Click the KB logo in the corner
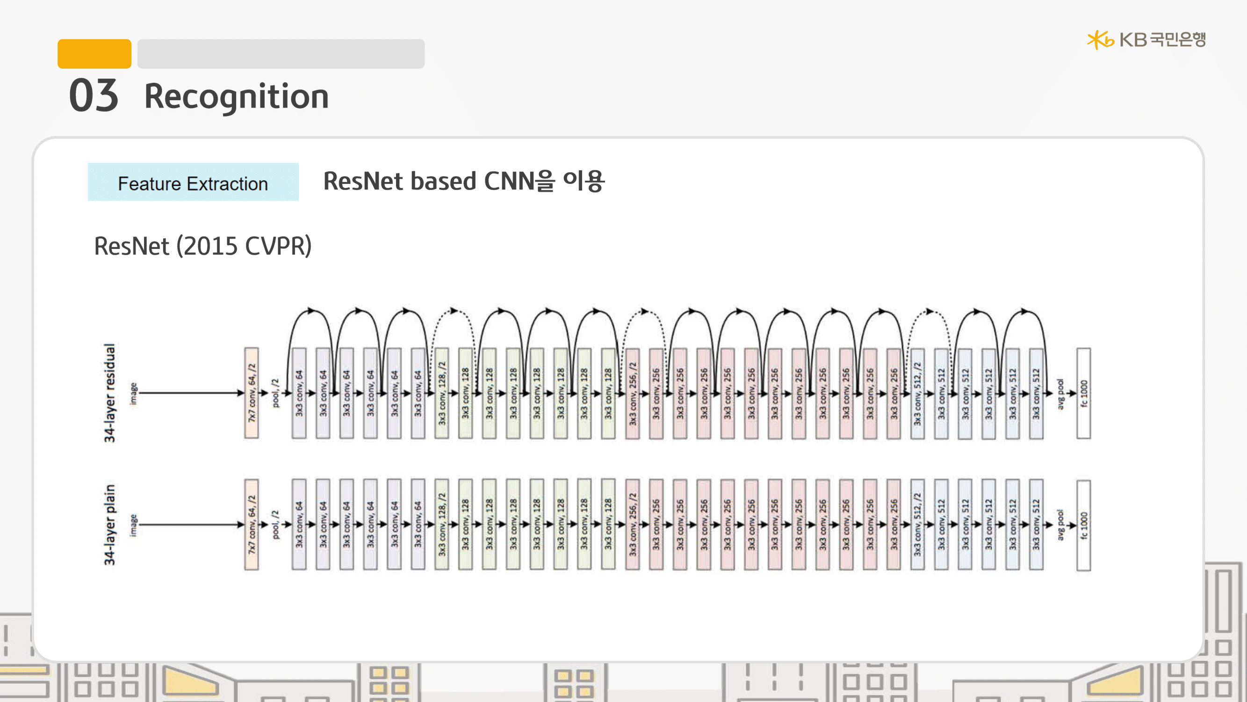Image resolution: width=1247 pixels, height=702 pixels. (x=1146, y=40)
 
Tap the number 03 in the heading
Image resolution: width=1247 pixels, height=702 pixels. (x=94, y=95)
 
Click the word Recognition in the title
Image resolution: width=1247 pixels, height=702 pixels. (x=236, y=96)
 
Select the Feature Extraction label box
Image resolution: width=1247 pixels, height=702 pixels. (x=193, y=182)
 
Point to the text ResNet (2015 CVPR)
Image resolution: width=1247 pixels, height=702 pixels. (x=202, y=246)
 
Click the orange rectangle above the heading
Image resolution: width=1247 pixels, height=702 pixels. (x=94, y=54)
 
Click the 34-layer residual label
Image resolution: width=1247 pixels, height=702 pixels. (x=110, y=393)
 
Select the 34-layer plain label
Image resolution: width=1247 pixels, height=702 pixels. (x=110, y=525)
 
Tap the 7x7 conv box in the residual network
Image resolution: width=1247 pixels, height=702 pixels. (x=251, y=393)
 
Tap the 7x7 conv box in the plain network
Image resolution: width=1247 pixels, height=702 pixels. (x=251, y=525)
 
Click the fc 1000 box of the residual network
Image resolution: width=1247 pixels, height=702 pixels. (x=1083, y=393)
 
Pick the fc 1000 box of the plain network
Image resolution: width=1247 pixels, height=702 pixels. (x=1083, y=526)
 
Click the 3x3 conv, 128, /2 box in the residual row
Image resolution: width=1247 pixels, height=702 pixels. (x=441, y=393)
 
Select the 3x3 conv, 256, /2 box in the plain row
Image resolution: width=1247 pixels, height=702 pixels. (x=632, y=525)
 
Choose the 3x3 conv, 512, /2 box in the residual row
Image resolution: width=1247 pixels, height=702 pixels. (x=917, y=393)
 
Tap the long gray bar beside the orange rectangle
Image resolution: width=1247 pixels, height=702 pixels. (x=281, y=54)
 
